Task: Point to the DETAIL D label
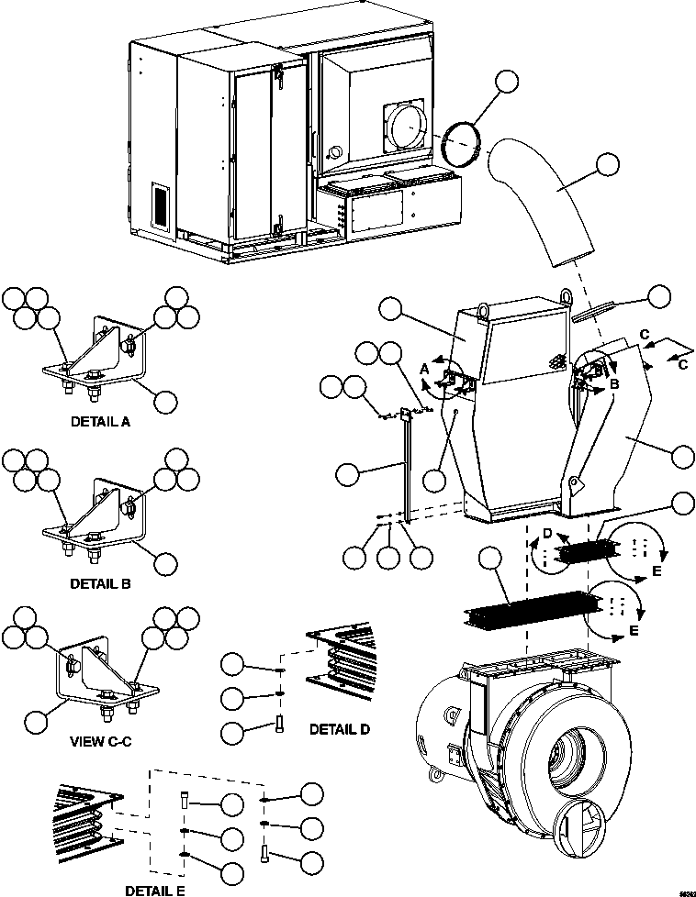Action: coord(339,729)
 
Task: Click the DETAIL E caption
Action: coord(158,889)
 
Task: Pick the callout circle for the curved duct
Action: coord(607,166)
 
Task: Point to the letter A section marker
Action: coord(423,367)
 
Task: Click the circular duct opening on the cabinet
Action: coord(405,125)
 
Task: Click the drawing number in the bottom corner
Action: coord(684,891)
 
